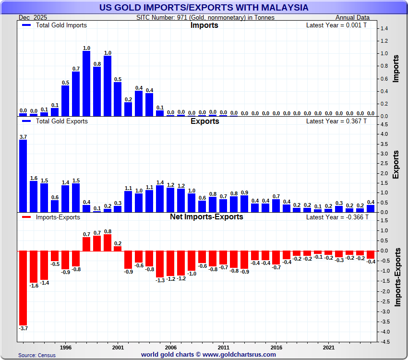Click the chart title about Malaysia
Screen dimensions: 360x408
tap(204, 8)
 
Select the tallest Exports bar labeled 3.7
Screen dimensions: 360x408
tap(23, 176)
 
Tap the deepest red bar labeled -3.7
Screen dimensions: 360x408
tap(23, 288)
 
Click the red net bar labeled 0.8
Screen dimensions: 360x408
tap(108, 242)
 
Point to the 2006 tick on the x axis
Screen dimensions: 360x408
tap(171, 347)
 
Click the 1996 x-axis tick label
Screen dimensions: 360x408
tap(66, 347)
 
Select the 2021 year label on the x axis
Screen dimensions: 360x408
tap(329, 347)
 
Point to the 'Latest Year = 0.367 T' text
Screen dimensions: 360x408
tap(336, 121)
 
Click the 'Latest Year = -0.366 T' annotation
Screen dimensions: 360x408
tap(336, 217)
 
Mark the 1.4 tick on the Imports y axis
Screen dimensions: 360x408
tap(384, 29)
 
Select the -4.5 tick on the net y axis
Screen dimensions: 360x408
tap(384, 342)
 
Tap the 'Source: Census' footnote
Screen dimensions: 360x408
tap(37, 355)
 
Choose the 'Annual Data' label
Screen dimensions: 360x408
tap(353, 17)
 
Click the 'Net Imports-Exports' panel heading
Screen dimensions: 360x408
tap(206, 217)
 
